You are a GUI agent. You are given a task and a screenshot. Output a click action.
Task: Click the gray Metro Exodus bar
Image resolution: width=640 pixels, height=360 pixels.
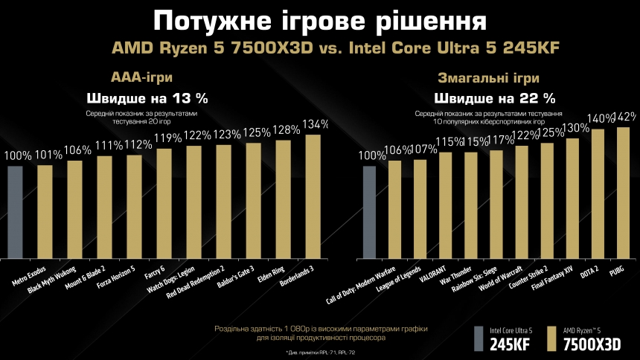pos(15,211)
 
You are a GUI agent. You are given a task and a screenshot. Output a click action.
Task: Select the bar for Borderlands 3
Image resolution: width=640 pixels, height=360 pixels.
pos(313,196)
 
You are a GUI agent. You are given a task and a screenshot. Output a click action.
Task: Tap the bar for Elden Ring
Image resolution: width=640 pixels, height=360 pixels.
pos(284,199)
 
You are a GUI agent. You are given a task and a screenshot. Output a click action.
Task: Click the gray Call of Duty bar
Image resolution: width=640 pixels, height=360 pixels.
pos(369,211)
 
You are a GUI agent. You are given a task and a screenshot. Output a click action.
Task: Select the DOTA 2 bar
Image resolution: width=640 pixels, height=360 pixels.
pos(598,193)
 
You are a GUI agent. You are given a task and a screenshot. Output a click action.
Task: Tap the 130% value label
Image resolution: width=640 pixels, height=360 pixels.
pos(572,128)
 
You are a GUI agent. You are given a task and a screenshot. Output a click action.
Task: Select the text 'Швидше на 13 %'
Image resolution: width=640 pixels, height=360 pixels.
pos(148,97)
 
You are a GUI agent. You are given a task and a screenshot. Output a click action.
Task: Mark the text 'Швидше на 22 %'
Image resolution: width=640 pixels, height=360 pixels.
pos(495,97)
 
